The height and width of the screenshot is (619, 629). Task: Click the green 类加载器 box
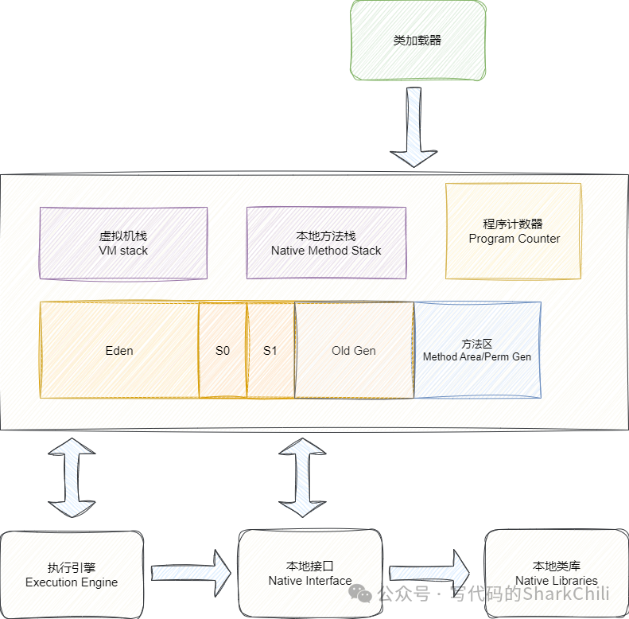click(417, 41)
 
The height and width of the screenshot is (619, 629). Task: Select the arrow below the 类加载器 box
click(414, 127)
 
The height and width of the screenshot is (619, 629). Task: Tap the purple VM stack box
click(123, 243)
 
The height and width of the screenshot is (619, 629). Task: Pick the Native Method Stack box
click(326, 243)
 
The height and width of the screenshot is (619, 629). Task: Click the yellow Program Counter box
click(514, 231)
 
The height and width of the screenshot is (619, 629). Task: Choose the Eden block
click(119, 350)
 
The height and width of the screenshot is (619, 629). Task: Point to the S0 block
click(223, 350)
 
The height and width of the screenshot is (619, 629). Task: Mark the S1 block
click(270, 350)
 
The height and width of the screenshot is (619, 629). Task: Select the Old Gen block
click(354, 350)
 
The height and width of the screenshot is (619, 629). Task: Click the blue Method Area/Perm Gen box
click(477, 350)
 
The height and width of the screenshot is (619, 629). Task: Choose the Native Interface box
click(310, 574)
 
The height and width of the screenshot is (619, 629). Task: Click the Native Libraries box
click(556, 574)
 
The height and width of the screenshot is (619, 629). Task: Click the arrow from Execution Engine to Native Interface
click(191, 571)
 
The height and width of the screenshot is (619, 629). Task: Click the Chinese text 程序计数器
click(514, 224)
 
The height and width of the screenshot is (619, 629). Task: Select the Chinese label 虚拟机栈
click(123, 236)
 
